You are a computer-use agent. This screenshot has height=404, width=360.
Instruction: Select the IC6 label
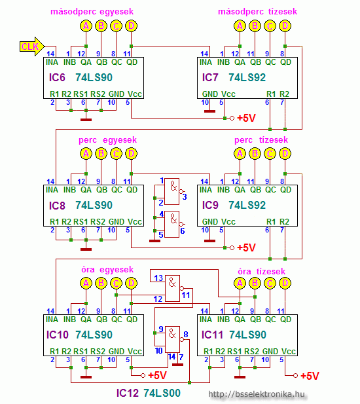(57, 77)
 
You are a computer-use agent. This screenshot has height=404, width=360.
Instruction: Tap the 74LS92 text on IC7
(247, 77)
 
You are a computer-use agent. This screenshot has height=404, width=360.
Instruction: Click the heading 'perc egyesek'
(107, 140)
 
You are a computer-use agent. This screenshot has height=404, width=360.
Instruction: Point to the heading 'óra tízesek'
(261, 271)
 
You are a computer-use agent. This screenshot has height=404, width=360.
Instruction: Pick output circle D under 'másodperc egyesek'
(131, 26)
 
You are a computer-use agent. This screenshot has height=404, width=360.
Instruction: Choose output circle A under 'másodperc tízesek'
(240, 26)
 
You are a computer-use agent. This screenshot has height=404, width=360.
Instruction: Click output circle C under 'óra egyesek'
(116, 283)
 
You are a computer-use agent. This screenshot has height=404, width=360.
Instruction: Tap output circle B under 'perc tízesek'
(255, 154)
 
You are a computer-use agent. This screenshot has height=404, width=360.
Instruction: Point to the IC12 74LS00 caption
(149, 393)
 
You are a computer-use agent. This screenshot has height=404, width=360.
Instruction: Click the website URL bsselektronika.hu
(257, 394)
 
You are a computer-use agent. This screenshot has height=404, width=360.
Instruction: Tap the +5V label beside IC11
(310, 376)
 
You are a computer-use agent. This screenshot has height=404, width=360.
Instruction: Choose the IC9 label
(210, 206)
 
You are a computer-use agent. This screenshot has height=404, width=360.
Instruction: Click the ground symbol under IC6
(86, 120)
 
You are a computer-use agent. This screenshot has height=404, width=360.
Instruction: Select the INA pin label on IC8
(52, 190)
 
